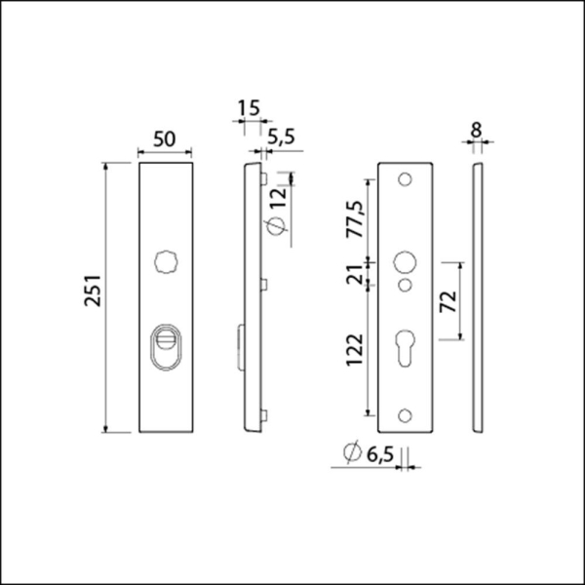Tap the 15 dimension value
(249, 106)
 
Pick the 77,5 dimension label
(353, 220)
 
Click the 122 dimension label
(353, 349)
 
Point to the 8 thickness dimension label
(476, 128)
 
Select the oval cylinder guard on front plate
(169, 348)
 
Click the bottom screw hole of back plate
(405, 416)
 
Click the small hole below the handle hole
(405, 285)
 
